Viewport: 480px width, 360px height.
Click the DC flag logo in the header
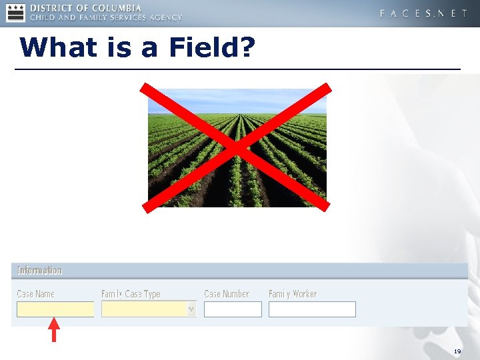coord(15,12)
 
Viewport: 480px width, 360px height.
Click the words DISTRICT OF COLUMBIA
coord(86,7)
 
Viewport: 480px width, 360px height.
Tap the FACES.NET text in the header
coord(423,13)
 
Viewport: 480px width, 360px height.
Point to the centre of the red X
coord(237,148)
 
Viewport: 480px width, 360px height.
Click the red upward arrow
coord(54,331)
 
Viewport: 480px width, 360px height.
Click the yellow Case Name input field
coord(55,309)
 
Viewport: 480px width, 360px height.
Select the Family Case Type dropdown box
coord(144,309)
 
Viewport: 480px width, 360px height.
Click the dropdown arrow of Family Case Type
coord(191,309)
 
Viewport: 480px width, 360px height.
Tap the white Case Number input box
coord(233,309)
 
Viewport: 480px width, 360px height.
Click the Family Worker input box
coord(312,309)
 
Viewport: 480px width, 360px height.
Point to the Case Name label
coord(35,294)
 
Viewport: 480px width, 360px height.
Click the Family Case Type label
coord(131,294)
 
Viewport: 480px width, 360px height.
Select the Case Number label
coord(227,294)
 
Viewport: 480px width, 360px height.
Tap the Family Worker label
coord(293,294)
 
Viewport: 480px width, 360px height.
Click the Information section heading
coord(39,270)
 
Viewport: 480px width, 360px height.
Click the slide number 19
coord(457,351)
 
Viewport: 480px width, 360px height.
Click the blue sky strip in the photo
coord(237,100)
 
